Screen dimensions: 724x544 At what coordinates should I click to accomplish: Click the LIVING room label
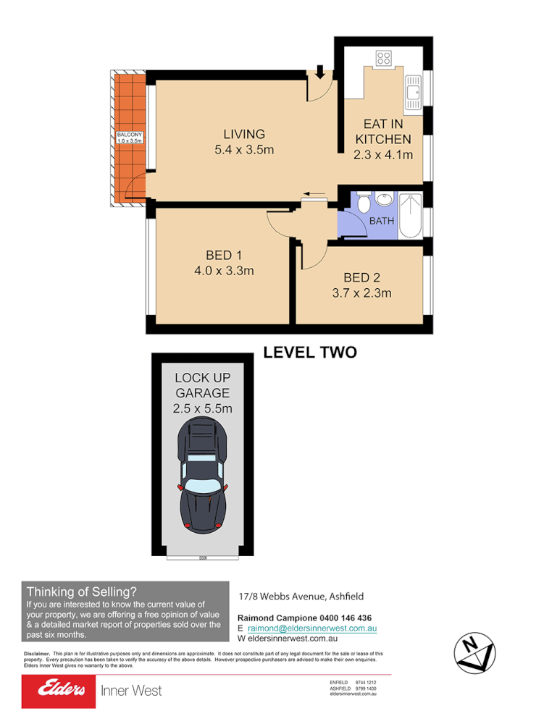coord(244,134)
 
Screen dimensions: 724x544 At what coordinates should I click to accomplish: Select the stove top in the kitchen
coord(383,59)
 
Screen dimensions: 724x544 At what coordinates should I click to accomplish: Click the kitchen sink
coord(414,93)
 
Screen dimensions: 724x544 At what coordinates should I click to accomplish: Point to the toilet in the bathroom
coord(364,203)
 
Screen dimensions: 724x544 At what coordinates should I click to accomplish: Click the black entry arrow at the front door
coord(319,72)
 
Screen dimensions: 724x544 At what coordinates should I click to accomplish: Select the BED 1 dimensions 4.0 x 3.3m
coord(223,271)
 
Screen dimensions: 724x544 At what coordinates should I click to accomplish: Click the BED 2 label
coord(361,277)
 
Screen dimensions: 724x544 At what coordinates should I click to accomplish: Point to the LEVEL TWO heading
coord(309,353)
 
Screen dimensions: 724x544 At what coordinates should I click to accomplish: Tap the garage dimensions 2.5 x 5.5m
coord(202,408)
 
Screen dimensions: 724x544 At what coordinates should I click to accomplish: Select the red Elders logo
coord(59,691)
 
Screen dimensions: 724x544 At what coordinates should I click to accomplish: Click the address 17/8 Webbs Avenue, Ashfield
coord(301,597)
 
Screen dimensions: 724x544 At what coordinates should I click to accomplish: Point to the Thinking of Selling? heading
coord(81,590)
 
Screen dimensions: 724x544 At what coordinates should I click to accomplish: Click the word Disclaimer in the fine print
coord(37,654)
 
